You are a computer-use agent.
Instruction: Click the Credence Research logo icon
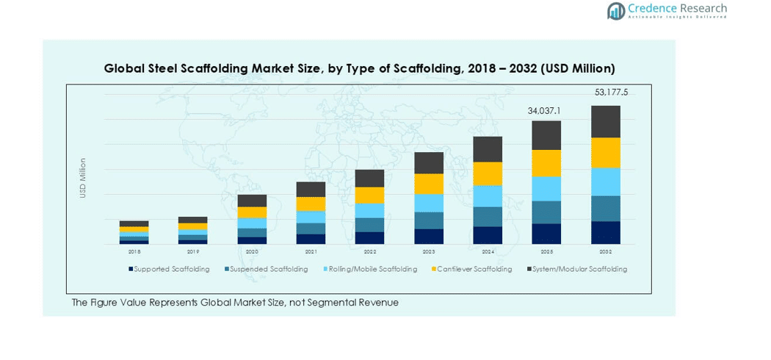pos(615,10)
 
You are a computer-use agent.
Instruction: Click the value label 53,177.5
pos(611,93)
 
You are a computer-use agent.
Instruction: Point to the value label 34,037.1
pos(544,111)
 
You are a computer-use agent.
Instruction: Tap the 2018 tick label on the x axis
pos(134,251)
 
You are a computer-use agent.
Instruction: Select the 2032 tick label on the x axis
pos(606,251)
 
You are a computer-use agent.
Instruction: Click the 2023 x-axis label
pos(429,251)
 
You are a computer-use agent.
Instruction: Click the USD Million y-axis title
pos(83,178)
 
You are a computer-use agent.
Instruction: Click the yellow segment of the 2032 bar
pos(606,153)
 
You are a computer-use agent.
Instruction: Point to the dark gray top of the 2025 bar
pos(546,135)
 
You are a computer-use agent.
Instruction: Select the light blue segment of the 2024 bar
pos(488,196)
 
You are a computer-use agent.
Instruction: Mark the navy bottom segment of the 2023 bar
pos(429,237)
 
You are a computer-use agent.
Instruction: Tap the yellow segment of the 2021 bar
pos(311,204)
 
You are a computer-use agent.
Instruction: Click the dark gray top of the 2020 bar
pos(252,201)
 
